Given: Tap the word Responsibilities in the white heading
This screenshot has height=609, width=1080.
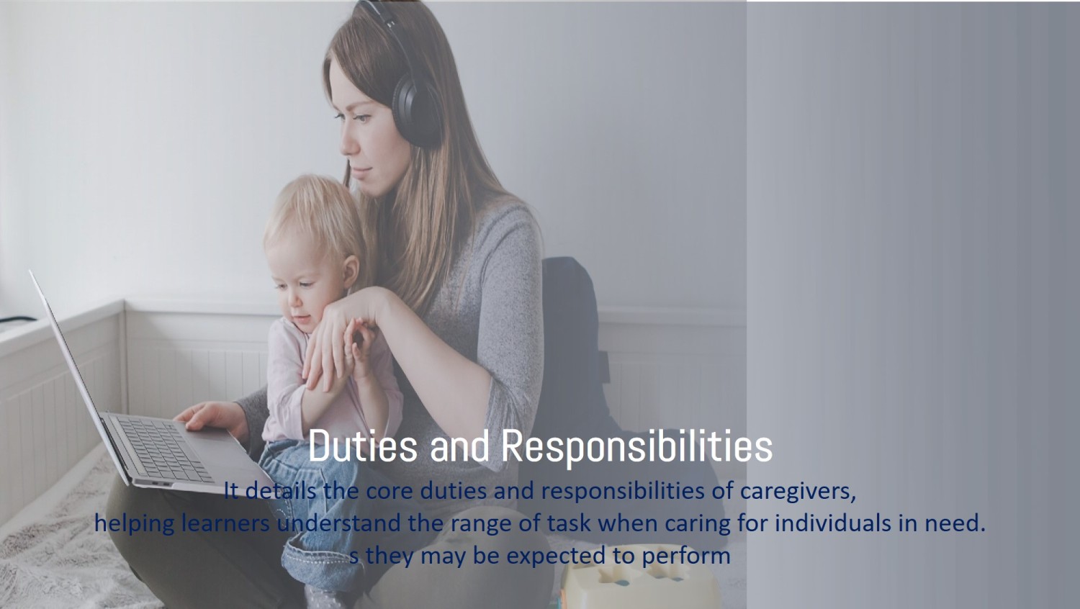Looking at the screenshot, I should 636,446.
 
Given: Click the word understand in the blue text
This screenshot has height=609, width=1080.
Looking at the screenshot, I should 339,523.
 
